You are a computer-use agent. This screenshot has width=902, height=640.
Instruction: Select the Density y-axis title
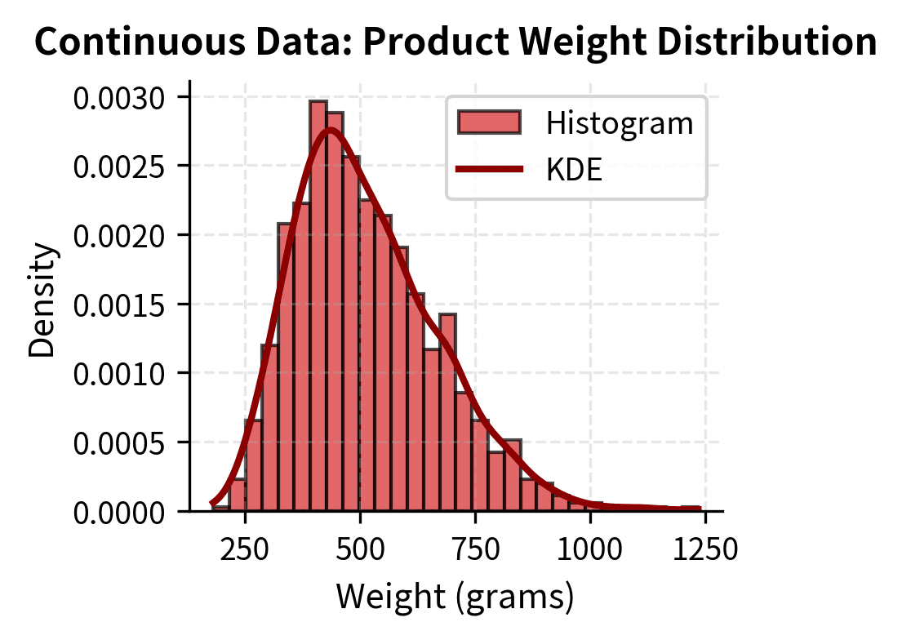point(42,299)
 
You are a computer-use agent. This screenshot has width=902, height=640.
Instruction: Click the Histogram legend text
point(620,123)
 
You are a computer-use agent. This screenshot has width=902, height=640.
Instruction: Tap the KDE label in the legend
point(575,170)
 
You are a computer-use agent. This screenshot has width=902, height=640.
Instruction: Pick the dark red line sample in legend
point(489,170)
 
